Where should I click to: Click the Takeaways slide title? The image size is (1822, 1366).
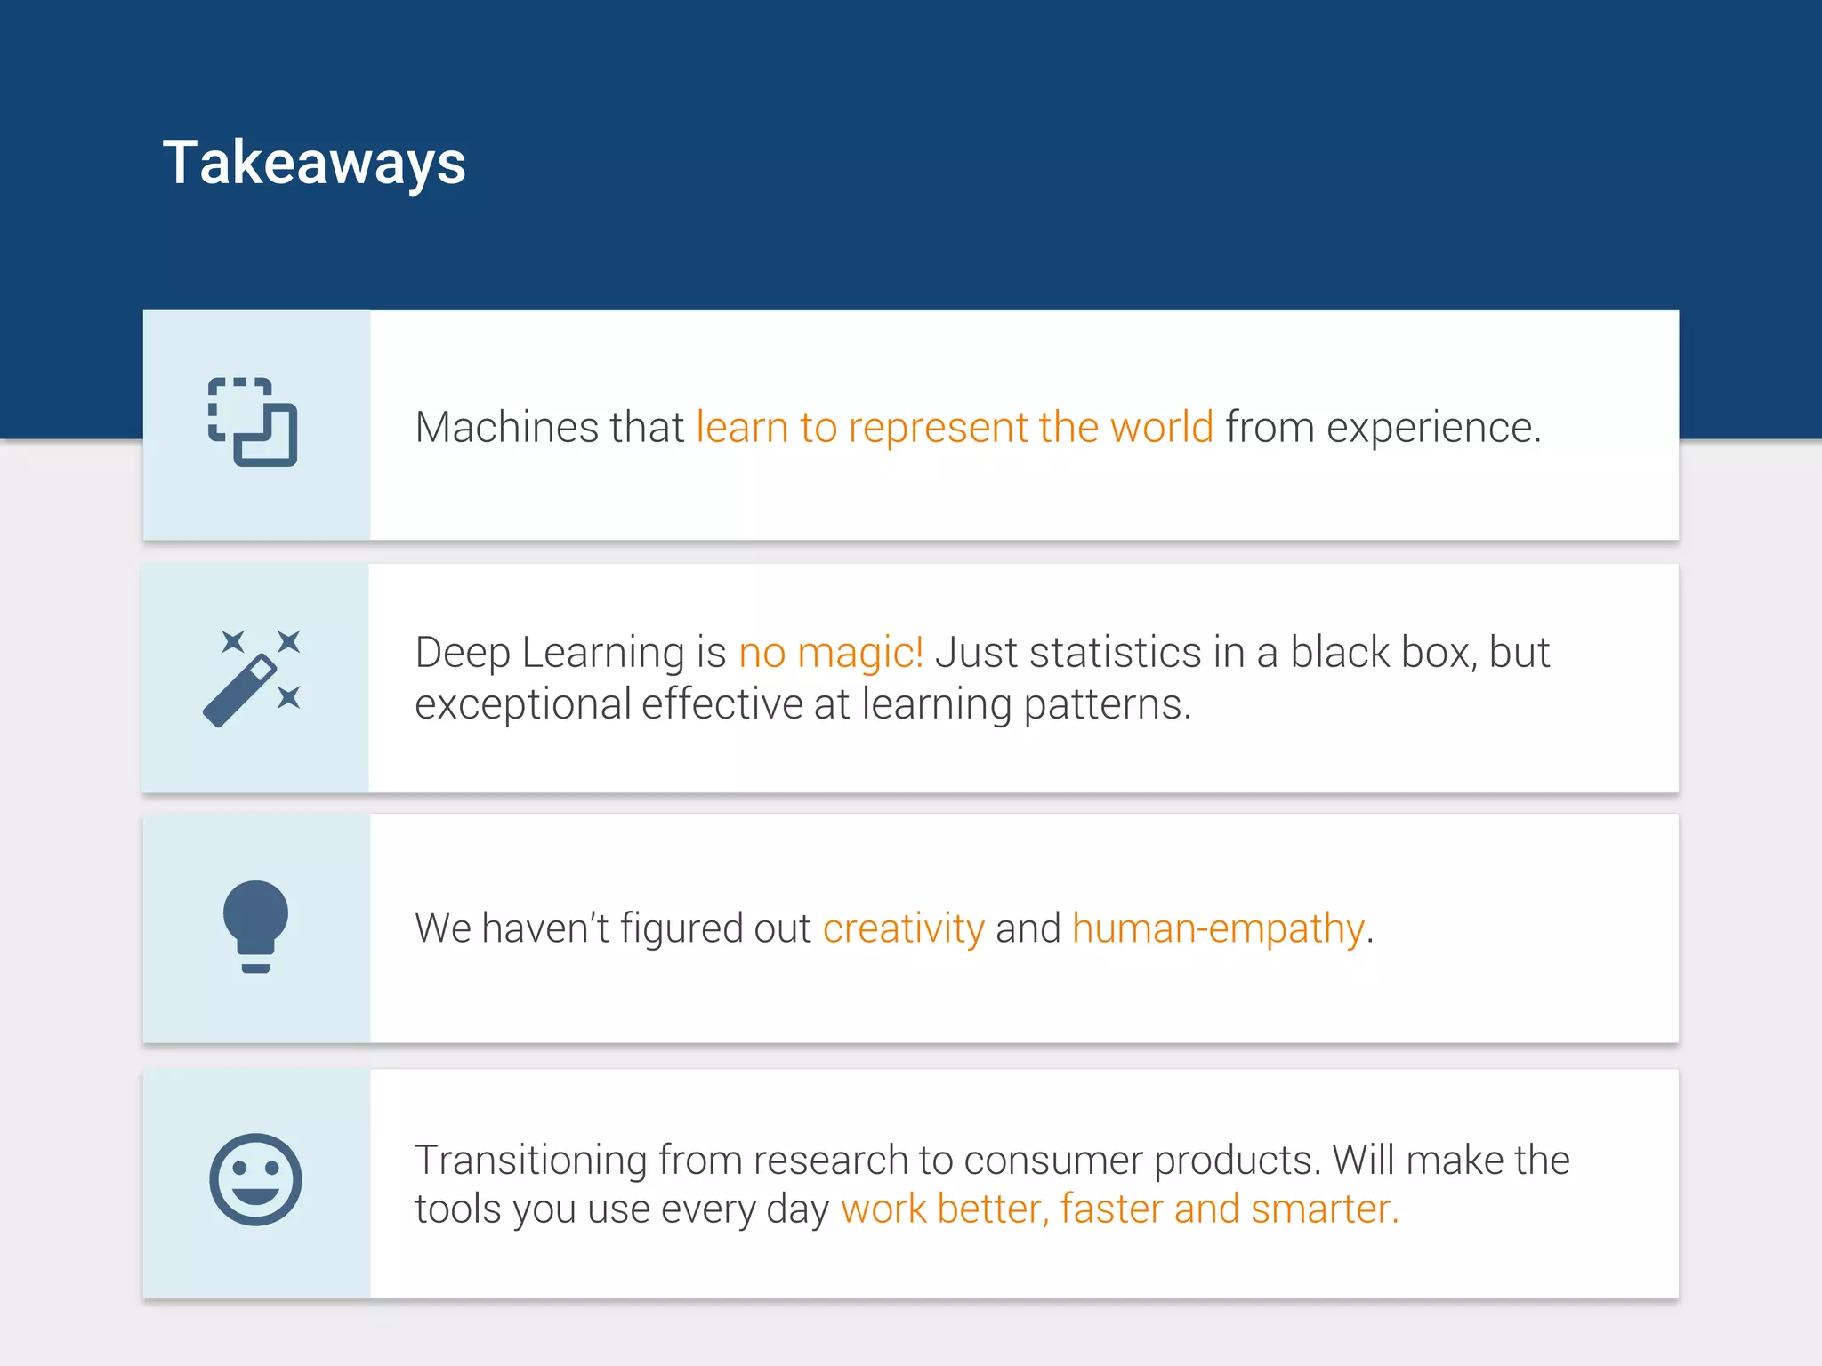314,164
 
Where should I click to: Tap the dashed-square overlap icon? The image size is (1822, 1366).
253,422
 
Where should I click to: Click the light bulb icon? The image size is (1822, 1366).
255,926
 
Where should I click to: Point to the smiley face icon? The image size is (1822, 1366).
255,1179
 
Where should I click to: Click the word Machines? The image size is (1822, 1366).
507,428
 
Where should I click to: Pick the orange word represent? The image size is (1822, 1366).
937,429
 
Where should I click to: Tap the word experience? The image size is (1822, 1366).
1432,429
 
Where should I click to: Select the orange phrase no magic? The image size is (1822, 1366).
831,653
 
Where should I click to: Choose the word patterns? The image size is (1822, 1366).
1106,705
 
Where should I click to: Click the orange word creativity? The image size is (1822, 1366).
903,929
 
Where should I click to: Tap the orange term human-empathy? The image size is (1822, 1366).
1218,929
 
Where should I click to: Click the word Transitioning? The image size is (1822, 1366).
530,1161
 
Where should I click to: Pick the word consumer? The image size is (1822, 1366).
1052,1161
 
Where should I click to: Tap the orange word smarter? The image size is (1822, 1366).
1324,1209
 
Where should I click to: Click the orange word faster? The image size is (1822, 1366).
1111,1209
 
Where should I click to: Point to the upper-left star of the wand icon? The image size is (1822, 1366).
233,641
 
